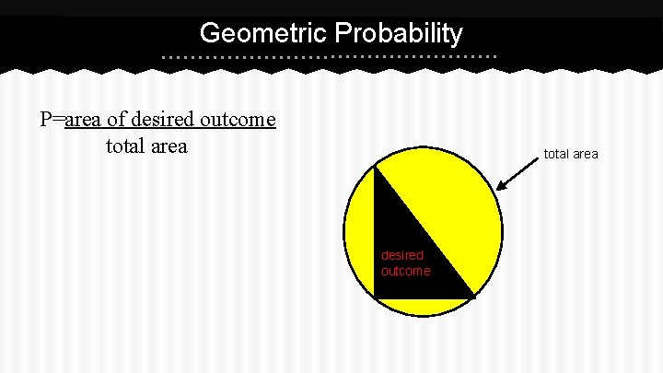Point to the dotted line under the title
329,57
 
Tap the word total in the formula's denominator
126,146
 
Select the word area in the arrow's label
585,154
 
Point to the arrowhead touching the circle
500,188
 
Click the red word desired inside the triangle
402,255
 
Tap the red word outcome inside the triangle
406,271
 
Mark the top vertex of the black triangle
375,166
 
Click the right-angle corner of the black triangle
376,297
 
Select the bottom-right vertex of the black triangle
472,297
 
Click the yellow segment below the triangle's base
423,308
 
